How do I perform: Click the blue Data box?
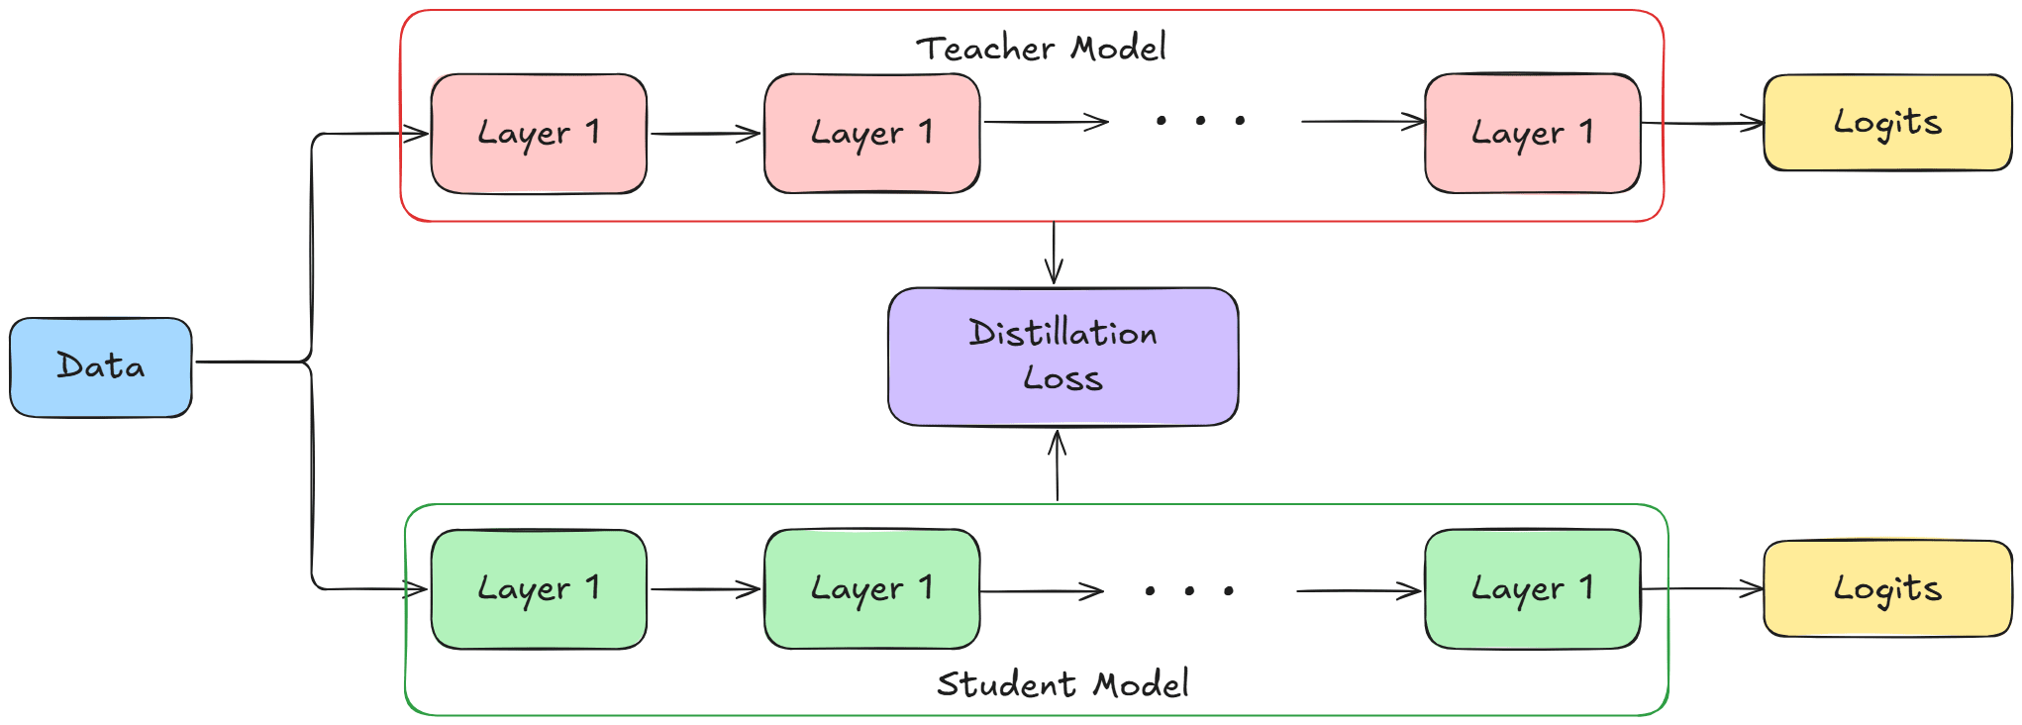click(x=101, y=366)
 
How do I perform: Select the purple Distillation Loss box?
click(x=1062, y=357)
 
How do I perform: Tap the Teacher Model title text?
click(x=1041, y=48)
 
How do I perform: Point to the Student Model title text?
click(x=1062, y=683)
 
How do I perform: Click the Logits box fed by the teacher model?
click(x=1887, y=123)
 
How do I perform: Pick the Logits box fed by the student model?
click(x=1887, y=588)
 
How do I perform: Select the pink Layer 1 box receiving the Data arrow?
click(x=539, y=133)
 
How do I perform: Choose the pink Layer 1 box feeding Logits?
click(x=1532, y=133)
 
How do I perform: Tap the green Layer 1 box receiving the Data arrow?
click(x=539, y=589)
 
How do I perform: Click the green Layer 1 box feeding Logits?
click(x=1532, y=589)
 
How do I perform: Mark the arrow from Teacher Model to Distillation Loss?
click(x=1054, y=254)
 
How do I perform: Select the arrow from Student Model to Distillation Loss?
click(x=1058, y=466)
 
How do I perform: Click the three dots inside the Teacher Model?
click(x=1200, y=121)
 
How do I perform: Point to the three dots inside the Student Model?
click(x=1189, y=591)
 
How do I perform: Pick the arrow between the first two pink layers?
click(x=705, y=134)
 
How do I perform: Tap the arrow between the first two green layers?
click(x=705, y=590)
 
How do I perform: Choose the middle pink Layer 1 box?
click(x=871, y=133)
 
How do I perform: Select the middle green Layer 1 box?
click(x=871, y=589)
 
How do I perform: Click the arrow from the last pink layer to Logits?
click(x=1702, y=124)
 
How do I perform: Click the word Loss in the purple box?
click(x=1062, y=379)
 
